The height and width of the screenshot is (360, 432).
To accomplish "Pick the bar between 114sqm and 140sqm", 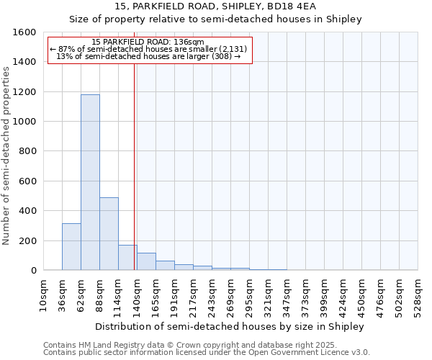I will click(x=127, y=257).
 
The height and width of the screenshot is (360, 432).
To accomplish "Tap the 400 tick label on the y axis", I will click(x=27, y=211).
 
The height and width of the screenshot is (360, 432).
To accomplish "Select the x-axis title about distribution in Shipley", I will click(x=230, y=326).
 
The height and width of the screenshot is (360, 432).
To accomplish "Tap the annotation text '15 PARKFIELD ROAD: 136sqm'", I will click(x=149, y=42).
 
